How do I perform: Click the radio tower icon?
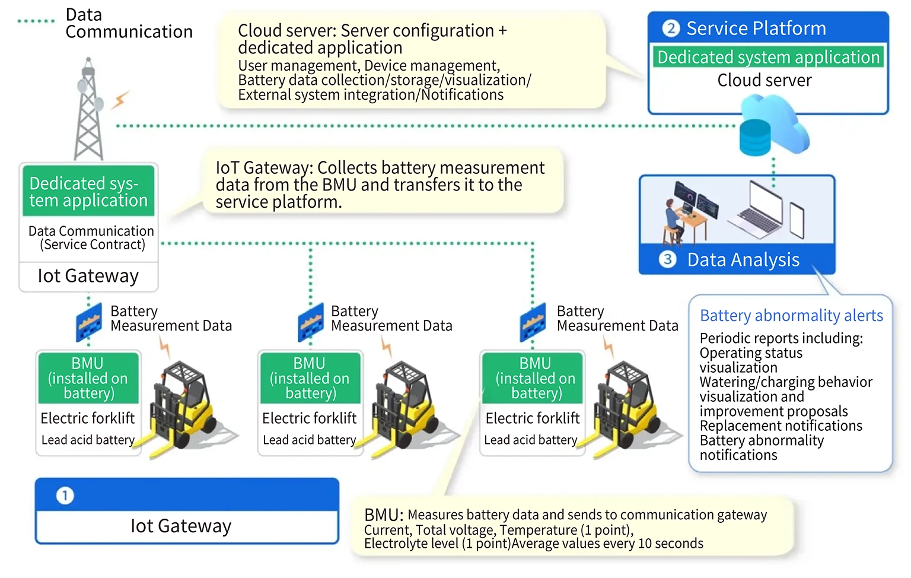[x=89, y=110]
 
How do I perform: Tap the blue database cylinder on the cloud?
[x=754, y=137]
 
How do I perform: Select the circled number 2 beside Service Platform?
[x=671, y=28]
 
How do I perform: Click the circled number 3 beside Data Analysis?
[x=668, y=259]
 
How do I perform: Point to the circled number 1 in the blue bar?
[x=65, y=496]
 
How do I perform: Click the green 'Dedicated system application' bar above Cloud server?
[x=768, y=57]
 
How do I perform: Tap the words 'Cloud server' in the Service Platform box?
[x=765, y=81]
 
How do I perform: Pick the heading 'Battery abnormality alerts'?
[x=791, y=316]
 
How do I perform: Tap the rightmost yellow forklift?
[x=629, y=406]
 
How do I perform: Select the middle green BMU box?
[x=310, y=378]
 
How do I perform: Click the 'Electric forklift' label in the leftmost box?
[x=88, y=418]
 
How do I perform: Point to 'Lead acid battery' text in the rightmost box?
[x=530, y=440]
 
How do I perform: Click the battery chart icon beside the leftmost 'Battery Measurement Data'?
[x=88, y=323]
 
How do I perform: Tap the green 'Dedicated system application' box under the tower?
[x=88, y=192]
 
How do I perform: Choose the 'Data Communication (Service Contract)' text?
[x=91, y=238]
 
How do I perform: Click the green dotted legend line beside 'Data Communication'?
[x=36, y=21]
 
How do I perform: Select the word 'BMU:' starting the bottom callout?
[x=384, y=515]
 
